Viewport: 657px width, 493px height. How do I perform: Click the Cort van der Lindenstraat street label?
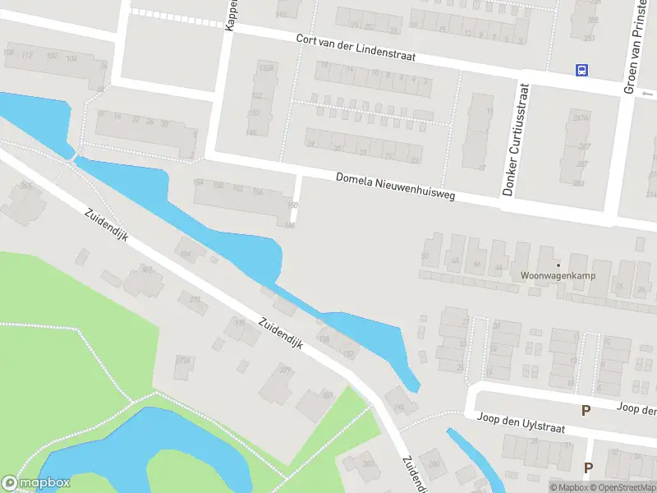click(x=356, y=49)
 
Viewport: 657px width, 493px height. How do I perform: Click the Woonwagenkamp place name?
click(x=558, y=276)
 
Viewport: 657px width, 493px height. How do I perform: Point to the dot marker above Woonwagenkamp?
click(x=558, y=265)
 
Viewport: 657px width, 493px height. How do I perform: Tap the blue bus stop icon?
click(x=582, y=70)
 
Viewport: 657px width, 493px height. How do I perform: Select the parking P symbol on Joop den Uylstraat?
click(x=586, y=410)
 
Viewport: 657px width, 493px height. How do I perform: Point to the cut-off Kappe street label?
click(x=232, y=15)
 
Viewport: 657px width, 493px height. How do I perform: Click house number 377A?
click(x=183, y=361)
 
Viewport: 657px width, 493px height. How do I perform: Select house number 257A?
click(x=581, y=117)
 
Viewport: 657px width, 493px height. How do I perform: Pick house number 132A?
click(x=265, y=70)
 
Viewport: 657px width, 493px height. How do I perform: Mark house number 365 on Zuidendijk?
click(x=26, y=187)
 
